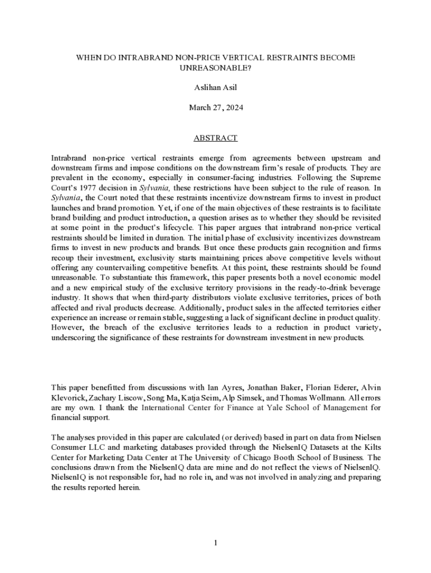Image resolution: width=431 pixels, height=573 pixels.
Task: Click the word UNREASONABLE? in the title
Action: (x=215, y=68)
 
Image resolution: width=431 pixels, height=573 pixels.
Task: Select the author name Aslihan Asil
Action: (x=215, y=88)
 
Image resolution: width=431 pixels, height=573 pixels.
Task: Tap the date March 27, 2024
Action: (x=215, y=107)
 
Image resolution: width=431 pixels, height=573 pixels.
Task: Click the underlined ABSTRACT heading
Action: (x=215, y=138)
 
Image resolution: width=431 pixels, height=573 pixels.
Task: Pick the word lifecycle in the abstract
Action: (x=204, y=228)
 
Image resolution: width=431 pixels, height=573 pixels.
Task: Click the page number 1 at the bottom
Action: (x=215, y=542)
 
